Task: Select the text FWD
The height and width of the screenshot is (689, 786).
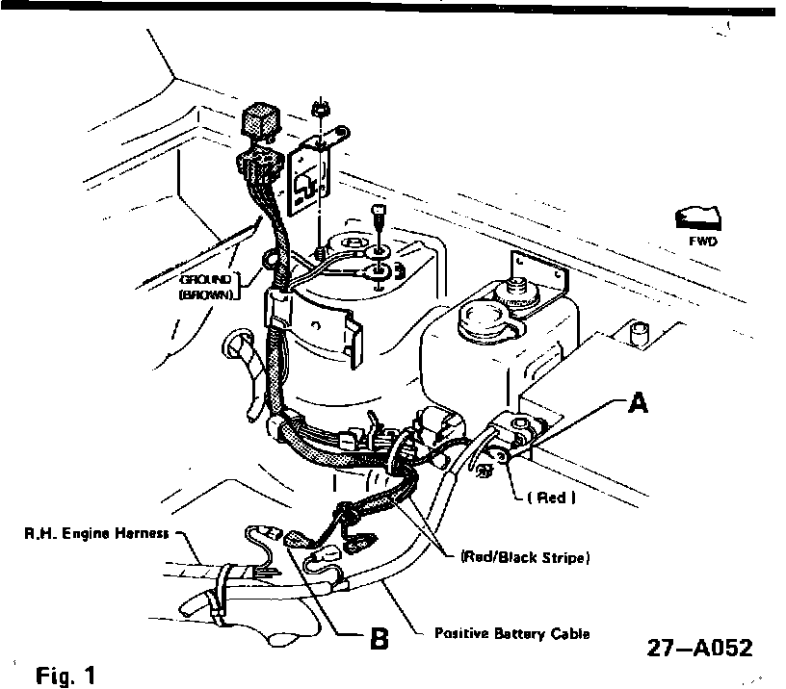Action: click(703, 242)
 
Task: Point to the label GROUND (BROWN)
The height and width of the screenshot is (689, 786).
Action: click(204, 287)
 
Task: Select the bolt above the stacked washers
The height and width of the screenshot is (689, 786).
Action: click(380, 212)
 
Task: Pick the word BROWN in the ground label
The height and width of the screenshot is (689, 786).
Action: click(206, 294)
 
